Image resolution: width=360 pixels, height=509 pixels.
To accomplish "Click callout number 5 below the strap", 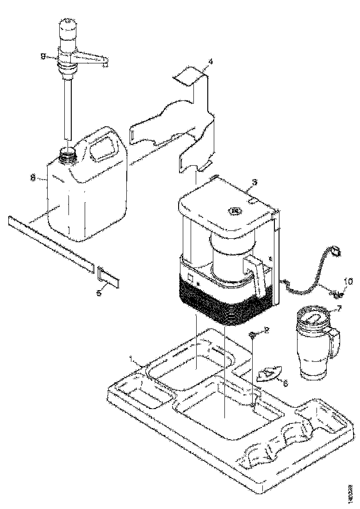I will click(99, 293).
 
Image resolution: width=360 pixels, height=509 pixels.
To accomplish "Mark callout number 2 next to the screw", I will click(267, 330).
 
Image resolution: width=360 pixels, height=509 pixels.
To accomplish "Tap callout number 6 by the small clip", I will click(285, 384).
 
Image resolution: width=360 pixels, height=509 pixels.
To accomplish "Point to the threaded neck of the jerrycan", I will click(68, 154).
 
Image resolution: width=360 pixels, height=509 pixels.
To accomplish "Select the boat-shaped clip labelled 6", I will click(269, 374).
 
